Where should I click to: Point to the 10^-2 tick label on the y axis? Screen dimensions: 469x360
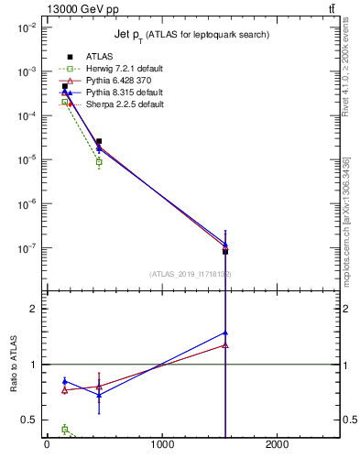click(x=25, y=27)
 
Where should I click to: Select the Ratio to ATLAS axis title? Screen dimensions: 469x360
click(x=14, y=364)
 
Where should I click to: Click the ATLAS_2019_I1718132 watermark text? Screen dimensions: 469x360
click(x=190, y=274)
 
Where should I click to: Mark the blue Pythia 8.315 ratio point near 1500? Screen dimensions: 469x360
click(x=224, y=333)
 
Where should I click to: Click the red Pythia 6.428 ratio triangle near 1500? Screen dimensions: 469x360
click(x=224, y=345)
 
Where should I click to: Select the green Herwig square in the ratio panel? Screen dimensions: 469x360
click(x=64, y=429)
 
